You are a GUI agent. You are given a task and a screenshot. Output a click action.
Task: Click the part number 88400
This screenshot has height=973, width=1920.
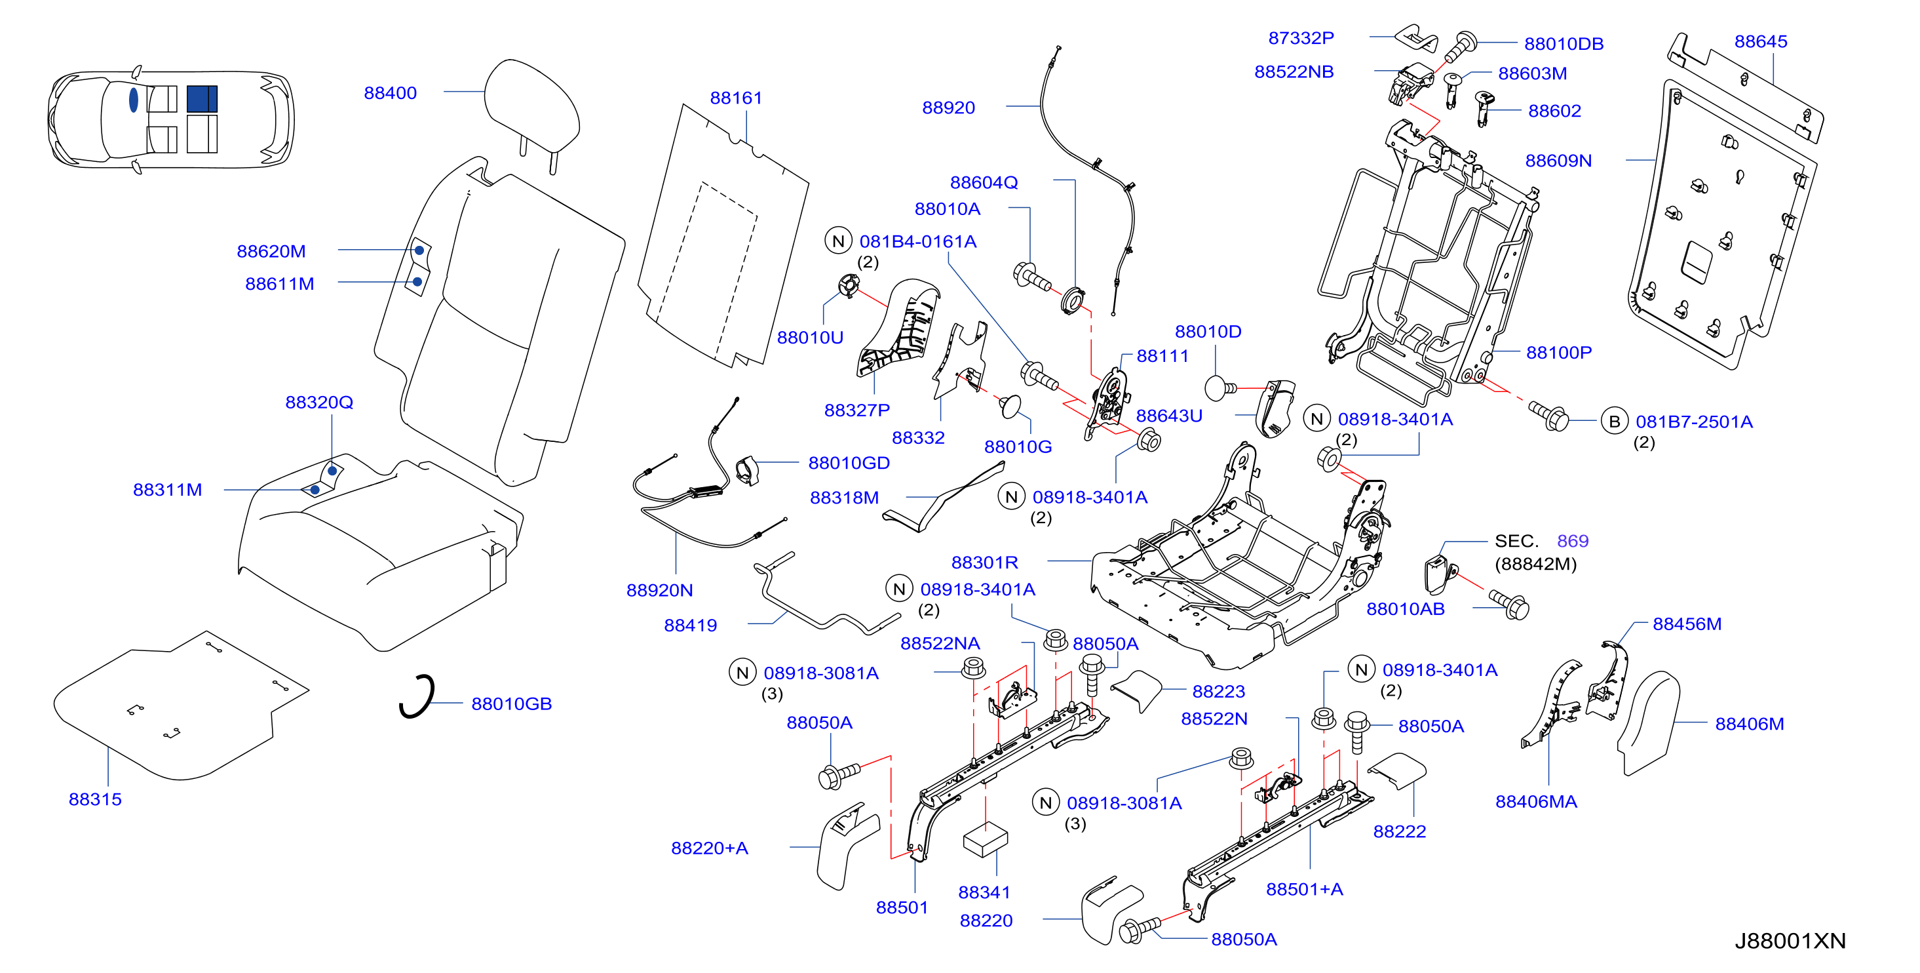(x=390, y=93)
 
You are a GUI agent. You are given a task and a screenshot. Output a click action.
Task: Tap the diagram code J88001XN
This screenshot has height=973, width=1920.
(x=1790, y=941)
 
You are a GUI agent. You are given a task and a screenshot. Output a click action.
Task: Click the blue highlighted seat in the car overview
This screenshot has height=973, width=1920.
(x=201, y=98)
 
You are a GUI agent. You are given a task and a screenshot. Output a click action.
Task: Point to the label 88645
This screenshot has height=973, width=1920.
(x=1761, y=42)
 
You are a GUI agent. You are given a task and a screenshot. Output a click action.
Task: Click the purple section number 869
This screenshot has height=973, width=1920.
(x=1573, y=542)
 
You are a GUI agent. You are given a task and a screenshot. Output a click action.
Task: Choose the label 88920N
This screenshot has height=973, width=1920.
(x=660, y=591)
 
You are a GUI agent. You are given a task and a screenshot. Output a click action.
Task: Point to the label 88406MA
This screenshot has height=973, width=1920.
(x=1536, y=803)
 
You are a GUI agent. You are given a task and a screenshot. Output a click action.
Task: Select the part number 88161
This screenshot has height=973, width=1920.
(x=736, y=98)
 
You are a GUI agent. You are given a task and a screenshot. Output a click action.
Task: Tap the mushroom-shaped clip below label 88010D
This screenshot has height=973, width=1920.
(x=1219, y=387)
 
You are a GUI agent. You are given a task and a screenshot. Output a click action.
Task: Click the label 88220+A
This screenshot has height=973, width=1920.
(x=710, y=848)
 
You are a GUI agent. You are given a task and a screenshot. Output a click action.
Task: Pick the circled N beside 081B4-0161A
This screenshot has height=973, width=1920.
(x=839, y=241)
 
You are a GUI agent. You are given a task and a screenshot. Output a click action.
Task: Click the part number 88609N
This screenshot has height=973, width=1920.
(x=1558, y=161)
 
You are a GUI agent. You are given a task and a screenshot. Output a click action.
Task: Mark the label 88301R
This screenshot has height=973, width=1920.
(x=985, y=563)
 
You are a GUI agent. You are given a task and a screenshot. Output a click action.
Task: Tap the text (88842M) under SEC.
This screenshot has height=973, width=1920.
(x=1535, y=565)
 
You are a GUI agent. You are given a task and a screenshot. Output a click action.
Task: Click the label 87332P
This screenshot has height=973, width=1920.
(x=1301, y=38)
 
